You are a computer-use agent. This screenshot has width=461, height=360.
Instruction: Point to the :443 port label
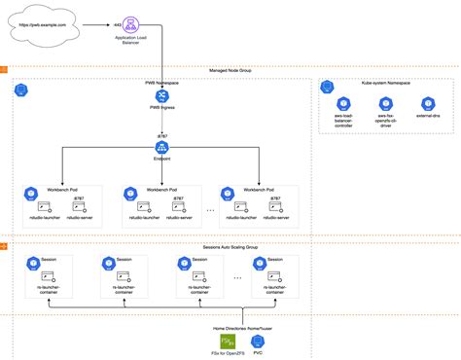pos(118,20)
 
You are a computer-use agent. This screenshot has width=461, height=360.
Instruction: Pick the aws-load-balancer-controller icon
pos(342,103)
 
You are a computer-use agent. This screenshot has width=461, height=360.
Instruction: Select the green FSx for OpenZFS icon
pos(230,341)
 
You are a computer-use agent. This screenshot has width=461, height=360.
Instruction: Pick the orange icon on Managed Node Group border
pos(5,70)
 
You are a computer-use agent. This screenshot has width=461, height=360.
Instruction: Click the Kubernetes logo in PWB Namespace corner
pos(21,90)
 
